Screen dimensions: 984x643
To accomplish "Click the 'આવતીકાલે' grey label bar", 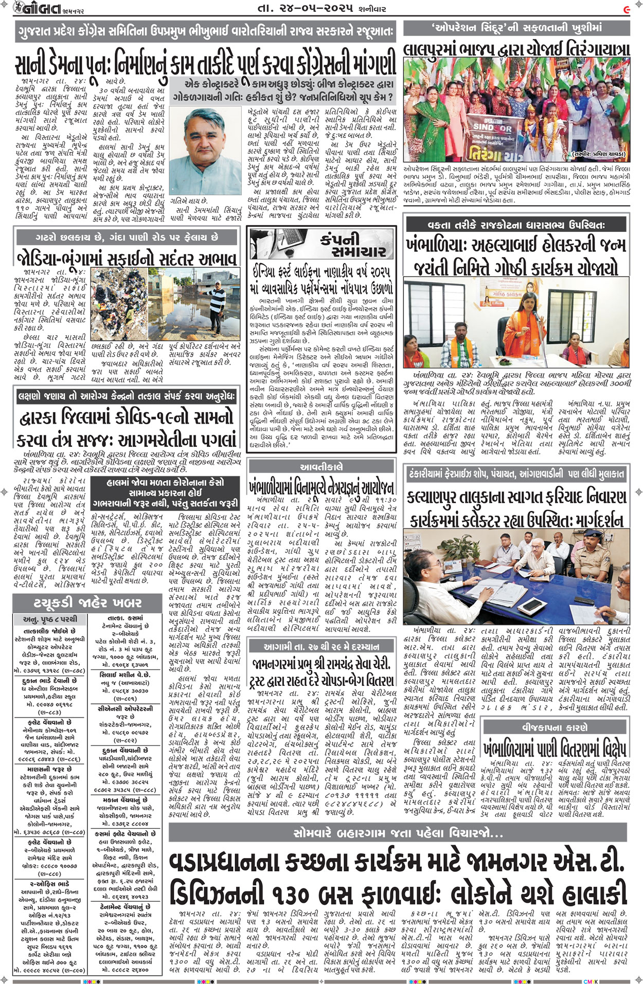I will pos(321,467).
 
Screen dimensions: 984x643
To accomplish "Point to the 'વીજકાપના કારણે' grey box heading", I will pos(556,727).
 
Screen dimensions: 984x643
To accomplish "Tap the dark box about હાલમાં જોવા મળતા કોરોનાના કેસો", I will pos(166,493).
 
